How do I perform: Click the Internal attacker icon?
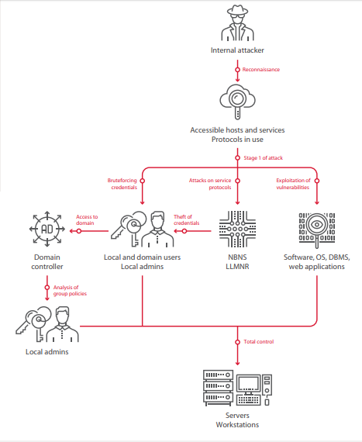[237, 22]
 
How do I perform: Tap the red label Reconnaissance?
[261, 70]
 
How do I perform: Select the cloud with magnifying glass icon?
[237, 102]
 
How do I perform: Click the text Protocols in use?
[237, 140]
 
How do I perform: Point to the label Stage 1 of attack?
[263, 158]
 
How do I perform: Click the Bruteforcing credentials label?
[122, 184]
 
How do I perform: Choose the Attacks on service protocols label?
[210, 184]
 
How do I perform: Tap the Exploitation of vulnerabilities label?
[293, 184]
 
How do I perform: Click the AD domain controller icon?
[47, 229]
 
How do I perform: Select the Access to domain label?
[87, 220]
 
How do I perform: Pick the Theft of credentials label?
[187, 220]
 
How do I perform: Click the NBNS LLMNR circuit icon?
[237, 229]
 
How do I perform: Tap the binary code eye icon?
[317, 230]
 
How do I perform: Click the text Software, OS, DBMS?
[317, 257]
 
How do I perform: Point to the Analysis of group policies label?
[70, 290]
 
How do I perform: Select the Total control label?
[259, 342]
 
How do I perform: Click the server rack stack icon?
[219, 388]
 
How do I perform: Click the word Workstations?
[237, 424]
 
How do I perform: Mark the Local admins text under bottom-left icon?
[47, 352]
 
